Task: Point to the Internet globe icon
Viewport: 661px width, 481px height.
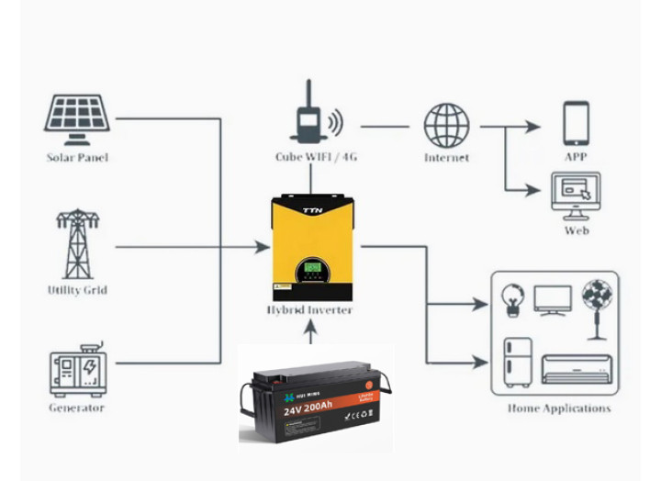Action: coord(446,125)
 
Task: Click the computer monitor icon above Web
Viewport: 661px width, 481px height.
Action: coord(576,195)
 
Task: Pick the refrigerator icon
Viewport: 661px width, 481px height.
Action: coord(518,361)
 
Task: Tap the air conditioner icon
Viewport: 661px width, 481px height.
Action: coord(576,367)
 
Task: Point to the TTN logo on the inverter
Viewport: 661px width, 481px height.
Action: coord(313,211)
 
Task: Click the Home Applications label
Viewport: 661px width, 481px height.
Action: coord(558,408)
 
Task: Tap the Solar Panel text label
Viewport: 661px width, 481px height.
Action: coord(77,158)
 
